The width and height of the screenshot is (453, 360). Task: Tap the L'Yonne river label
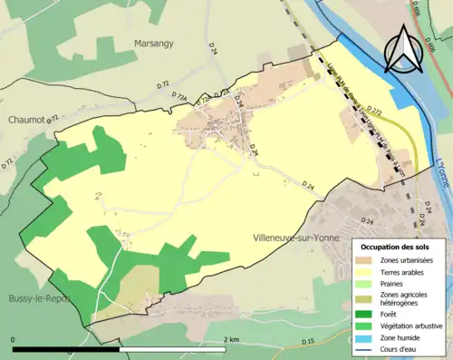(442, 170)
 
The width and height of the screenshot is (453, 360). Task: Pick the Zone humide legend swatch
(368, 338)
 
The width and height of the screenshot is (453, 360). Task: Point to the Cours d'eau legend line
(368, 350)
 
